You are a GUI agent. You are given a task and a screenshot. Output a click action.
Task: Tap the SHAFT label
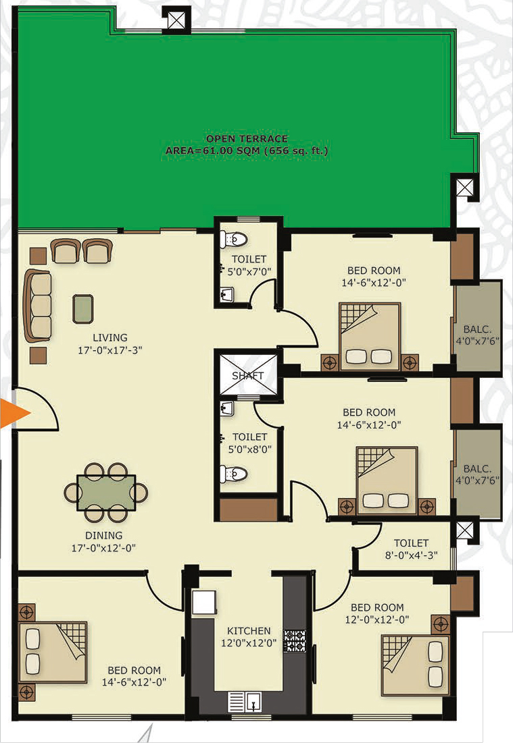point(248,376)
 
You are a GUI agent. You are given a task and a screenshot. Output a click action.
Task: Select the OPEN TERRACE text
point(247,139)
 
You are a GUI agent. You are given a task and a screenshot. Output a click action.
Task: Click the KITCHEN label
point(249,631)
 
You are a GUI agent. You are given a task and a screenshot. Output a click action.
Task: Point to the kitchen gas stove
point(295,640)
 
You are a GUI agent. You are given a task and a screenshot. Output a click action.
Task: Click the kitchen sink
point(245,702)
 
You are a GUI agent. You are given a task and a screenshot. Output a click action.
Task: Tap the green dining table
point(106,493)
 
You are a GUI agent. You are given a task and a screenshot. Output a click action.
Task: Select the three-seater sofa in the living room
point(38,306)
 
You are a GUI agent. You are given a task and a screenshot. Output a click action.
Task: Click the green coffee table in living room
point(83,309)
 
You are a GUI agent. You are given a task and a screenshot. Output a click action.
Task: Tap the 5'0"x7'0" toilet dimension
point(249,271)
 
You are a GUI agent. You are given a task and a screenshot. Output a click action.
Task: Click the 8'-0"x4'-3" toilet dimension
point(411,555)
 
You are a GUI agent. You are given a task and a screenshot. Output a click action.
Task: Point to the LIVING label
point(109,337)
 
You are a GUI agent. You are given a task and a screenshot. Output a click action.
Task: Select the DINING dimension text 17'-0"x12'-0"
point(103,548)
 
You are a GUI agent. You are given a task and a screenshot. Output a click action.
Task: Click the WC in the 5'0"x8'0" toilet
point(233,473)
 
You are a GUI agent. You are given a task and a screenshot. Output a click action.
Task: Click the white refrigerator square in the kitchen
point(204,602)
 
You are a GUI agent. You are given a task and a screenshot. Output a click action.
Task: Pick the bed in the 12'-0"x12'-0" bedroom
point(415,665)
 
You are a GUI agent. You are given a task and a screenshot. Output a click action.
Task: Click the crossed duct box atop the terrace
point(176,20)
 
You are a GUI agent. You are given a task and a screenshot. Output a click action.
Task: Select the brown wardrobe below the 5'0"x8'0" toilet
point(248,510)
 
